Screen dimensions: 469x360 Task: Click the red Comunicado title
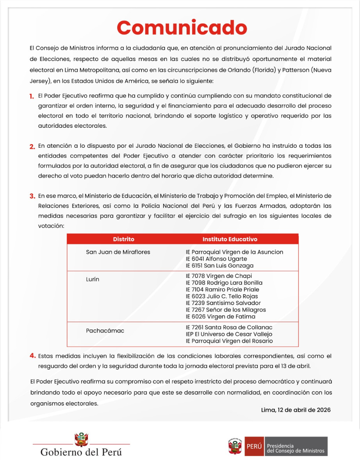(x=182, y=28)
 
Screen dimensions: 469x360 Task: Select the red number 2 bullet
(x=32, y=147)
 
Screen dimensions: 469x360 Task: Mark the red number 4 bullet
(x=32, y=356)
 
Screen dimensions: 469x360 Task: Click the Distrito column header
(x=124, y=239)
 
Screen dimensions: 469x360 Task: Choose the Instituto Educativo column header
(x=230, y=239)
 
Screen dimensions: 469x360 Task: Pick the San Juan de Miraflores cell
(x=118, y=252)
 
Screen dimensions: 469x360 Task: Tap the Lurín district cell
(x=93, y=279)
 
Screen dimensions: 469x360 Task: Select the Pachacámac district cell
(x=105, y=331)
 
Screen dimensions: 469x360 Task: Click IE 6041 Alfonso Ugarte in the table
(x=216, y=259)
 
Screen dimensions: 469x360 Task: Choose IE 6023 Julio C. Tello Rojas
(x=222, y=296)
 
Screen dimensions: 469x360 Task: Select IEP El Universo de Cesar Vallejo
(x=229, y=334)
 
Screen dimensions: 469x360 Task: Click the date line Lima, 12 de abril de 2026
(x=296, y=410)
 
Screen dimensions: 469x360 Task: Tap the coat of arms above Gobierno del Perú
(x=81, y=439)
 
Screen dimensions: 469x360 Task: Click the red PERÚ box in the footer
(x=254, y=446)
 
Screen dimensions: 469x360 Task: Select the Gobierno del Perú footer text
(x=81, y=453)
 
